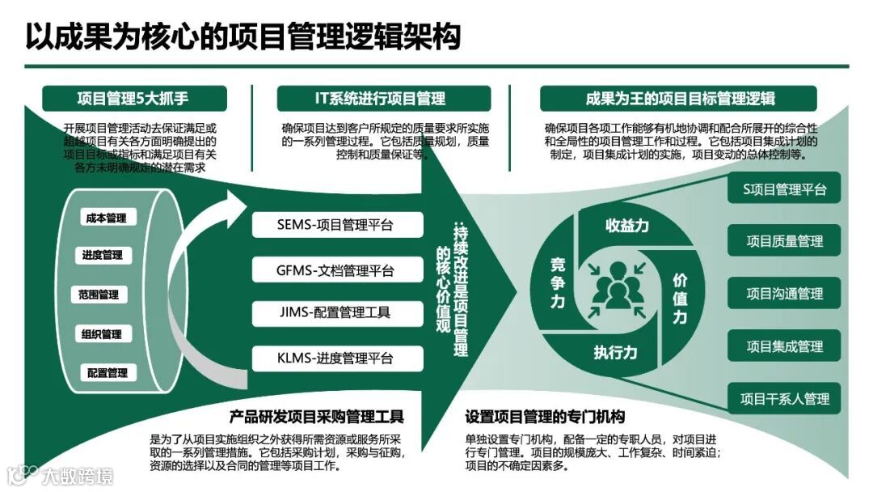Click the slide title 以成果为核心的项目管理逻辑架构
[x=242, y=36]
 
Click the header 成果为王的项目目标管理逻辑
[x=680, y=99]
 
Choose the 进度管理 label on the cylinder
[x=102, y=256]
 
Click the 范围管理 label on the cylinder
[x=99, y=295]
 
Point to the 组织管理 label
[x=101, y=334]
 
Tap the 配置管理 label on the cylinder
[x=108, y=373]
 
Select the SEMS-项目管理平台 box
[x=335, y=225]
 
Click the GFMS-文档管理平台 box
[x=335, y=269]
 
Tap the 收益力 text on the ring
[x=626, y=226]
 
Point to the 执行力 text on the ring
[x=615, y=353]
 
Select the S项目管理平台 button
[x=784, y=189]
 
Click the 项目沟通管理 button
[x=784, y=294]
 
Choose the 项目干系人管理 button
[x=784, y=399]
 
